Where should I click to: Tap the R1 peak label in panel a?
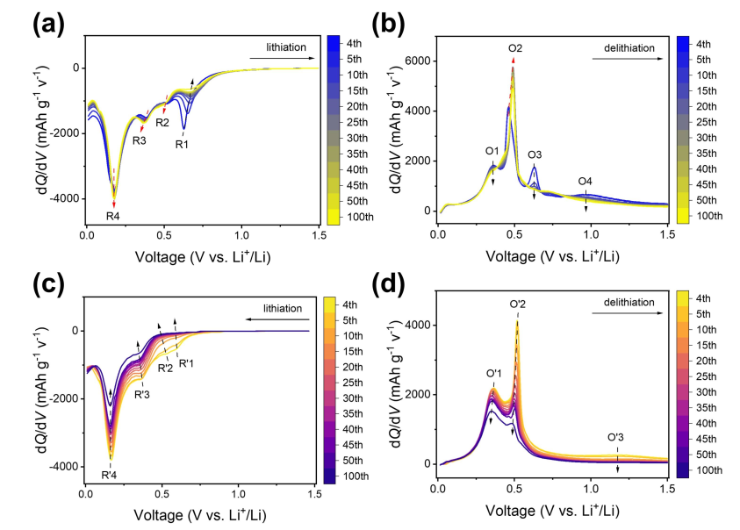[x=183, y=145]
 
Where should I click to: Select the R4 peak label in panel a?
[x=113, y=215]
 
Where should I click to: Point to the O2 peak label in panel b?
[x=515, y=48]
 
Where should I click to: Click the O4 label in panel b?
[x=586, y=182]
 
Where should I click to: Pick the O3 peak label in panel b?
[x=535, y=154]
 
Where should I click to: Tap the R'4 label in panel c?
[x=110, y=476]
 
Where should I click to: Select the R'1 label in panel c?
[x=188, y=362]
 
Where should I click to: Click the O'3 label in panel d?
[x=616, y=437]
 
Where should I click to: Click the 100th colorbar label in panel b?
[x=709, y=215]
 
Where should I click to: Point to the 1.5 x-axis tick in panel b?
[x=668, y=234]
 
